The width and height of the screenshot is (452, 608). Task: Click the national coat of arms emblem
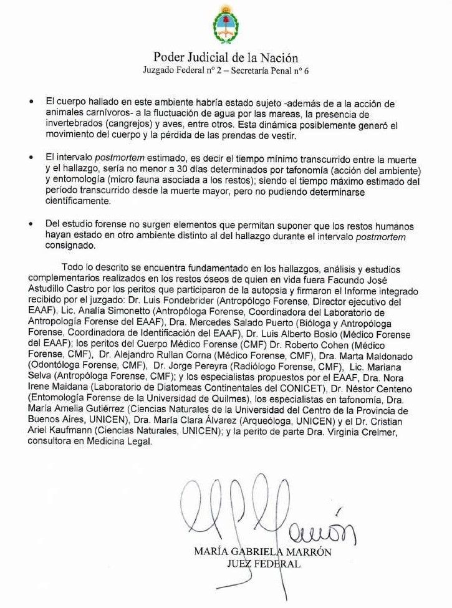coord(226,24)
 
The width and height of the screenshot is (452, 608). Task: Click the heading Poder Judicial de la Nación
coord(226,59)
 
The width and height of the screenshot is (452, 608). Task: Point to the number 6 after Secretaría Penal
coord(305,71)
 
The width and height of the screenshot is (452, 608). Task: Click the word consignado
coord(70,246)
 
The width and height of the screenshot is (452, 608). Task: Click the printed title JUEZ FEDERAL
coord(264,564)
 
